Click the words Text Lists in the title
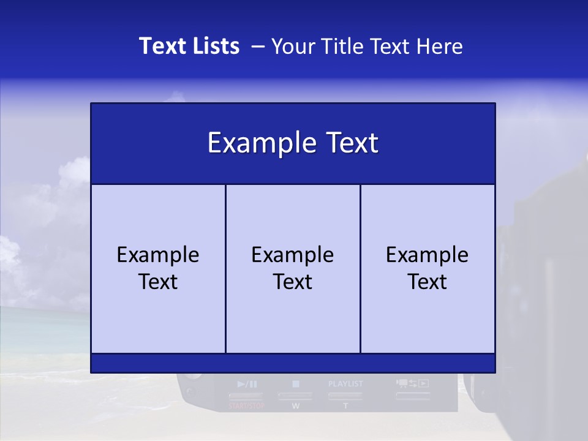click(189, 46)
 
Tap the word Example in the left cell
click(158, 255)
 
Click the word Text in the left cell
click(158, 282)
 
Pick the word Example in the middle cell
click(293, 255)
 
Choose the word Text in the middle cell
click(293, 282)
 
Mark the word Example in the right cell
click(428, 255)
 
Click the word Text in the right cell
click(428, 282)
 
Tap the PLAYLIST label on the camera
click(345, 384)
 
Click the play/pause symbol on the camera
click(247, 385)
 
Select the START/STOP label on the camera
click(247, 405)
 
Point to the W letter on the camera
click(296, 406)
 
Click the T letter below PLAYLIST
click(345, 406)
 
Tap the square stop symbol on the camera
click(296, 384)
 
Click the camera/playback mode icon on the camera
click(412, 383)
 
